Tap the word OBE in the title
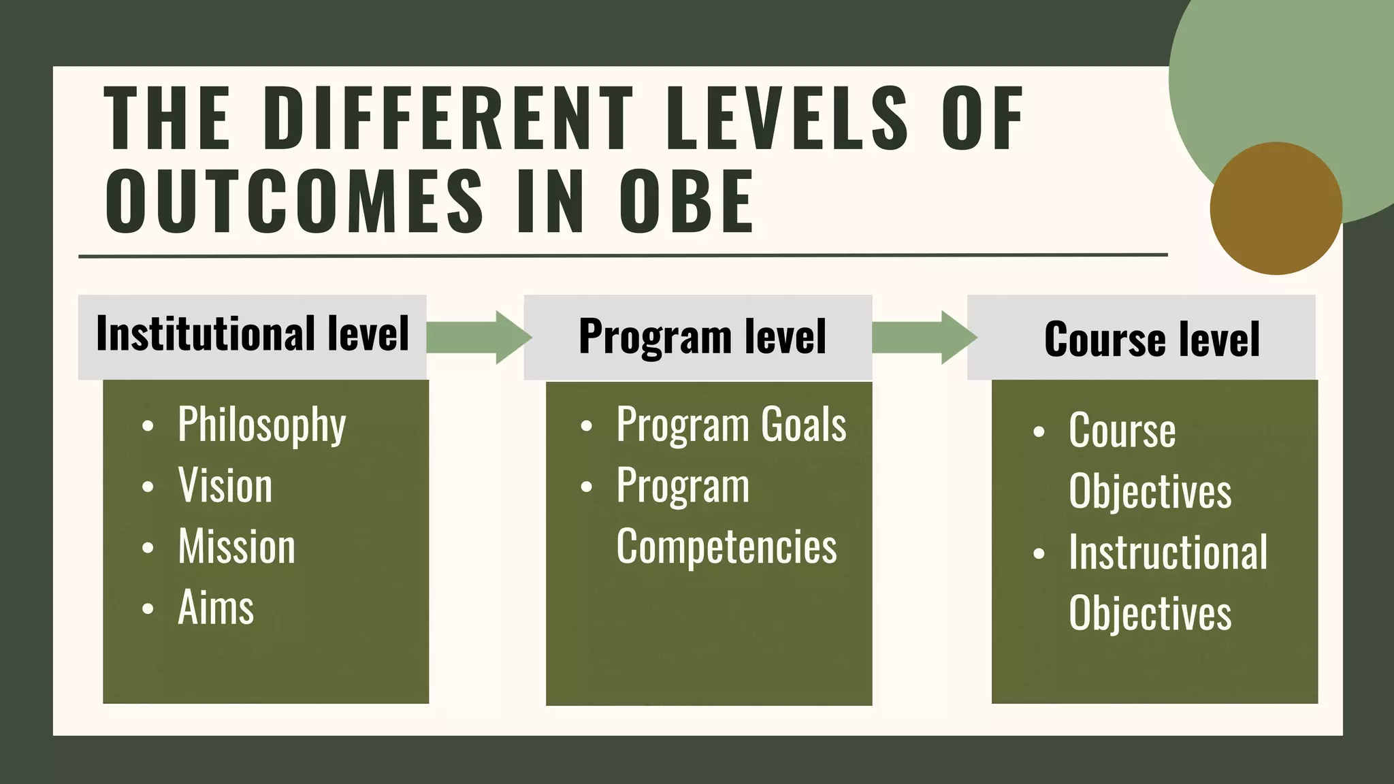686,202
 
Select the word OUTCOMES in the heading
294,202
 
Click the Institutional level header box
253,336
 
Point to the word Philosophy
262,425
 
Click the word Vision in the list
225,486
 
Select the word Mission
237,546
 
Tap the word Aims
216,607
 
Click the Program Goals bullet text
731,425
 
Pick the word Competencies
726,546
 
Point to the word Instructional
1168,552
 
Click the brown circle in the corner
1276,208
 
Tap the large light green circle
1280,75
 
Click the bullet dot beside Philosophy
148,427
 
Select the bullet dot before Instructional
1039,553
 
